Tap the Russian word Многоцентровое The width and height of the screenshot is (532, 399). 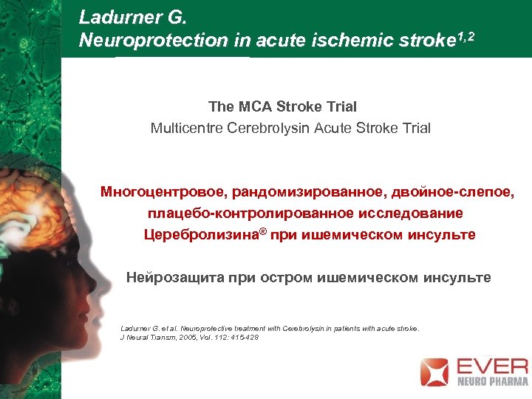coord(162,193)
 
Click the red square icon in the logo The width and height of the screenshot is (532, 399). coord(434,372)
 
